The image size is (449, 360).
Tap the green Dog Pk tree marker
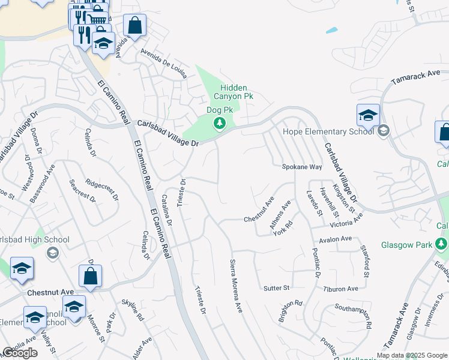pyautogui.click(x=220, y=124)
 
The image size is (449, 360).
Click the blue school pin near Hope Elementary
pyautogui.click(x=367, y=115)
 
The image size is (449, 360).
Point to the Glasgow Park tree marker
pyautogui.click(x=442, y=244)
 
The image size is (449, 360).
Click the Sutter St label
pyautogui.click(x=277, y=289)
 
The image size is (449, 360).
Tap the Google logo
pyautogui.click(x=20, y=353)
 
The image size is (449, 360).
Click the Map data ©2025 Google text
pyautogui.click(x=411, y=355)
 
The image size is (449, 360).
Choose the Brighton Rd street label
pyautogui.click(x=291, y=311)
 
